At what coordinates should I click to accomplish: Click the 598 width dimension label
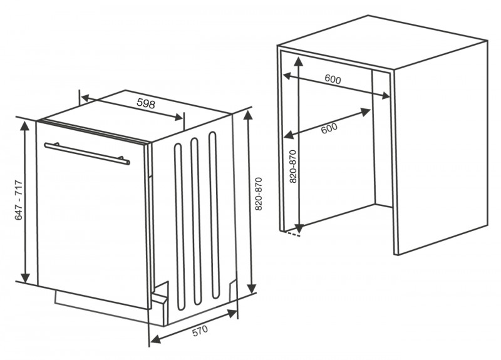[x=146, y=103]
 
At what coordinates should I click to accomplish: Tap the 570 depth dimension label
[x=200, y=331]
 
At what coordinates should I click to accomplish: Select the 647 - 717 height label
[x=19, y=200]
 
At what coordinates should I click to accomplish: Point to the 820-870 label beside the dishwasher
[x=259, y=194]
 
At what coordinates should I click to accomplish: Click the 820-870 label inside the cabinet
[x=293, y=167]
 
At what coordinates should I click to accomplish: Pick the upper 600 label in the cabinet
[x=333, y=79]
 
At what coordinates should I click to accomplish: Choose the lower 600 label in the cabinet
[x=329, y=128]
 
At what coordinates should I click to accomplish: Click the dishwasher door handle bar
[x=87, y=153]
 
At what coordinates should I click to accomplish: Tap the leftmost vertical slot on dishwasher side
[x=180, y=227]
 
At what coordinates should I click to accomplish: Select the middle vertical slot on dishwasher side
[x=196, y=221]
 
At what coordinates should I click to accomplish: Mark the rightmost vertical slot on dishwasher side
[x=214, y=215]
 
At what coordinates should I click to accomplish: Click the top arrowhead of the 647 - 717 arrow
[x=24, y=126]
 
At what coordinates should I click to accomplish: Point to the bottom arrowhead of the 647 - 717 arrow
[x=25, y=278]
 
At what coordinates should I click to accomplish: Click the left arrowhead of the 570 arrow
[x=155, y=339]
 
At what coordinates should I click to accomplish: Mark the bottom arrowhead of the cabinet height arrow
[x=299, y=228]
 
